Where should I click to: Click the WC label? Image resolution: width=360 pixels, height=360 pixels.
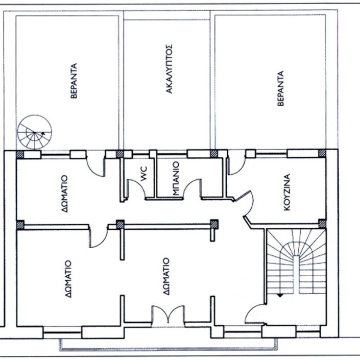point(143,173)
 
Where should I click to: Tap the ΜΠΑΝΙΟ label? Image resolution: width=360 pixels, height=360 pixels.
point(176,178)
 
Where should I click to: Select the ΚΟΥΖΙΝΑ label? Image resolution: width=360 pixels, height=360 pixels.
point(287,193)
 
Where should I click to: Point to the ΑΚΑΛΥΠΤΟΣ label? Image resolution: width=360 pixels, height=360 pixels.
point(169,68)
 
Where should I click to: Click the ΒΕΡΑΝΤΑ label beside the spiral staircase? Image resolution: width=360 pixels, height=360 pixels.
point(74,81)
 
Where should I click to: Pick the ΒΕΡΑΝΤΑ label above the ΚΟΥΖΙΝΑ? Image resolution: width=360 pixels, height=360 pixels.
point(280,88)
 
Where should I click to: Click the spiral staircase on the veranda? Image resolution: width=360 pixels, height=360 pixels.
point(34,132)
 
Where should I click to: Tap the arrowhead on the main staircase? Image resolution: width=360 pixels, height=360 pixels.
point(280,296)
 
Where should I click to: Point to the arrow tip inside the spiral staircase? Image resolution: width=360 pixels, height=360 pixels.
point(42,133)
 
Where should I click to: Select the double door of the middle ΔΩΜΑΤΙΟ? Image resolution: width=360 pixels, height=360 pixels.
point(168,316)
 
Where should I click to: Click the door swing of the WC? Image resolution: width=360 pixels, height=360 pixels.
point(137,189)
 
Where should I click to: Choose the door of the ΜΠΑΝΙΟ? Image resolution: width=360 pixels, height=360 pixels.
point(192,188)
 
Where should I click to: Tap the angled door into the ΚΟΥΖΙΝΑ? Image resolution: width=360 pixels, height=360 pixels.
point(244,204)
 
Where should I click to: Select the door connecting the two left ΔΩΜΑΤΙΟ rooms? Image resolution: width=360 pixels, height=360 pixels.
point(99,236)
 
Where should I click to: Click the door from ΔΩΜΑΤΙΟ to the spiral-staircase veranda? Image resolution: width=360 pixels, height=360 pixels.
point(95,163)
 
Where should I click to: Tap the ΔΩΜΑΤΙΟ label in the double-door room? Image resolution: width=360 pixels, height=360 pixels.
point(166,276)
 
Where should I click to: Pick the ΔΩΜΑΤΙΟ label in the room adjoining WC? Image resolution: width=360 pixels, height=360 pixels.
point(64,194)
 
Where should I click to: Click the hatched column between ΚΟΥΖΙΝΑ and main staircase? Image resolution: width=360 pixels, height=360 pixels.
point(322,223)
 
